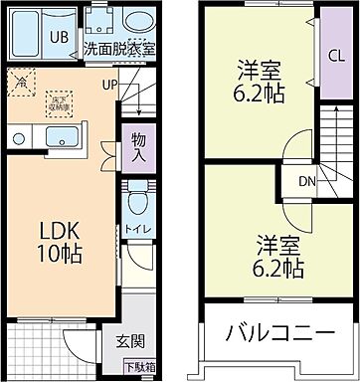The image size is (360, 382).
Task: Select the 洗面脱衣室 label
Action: pos(119,47)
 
